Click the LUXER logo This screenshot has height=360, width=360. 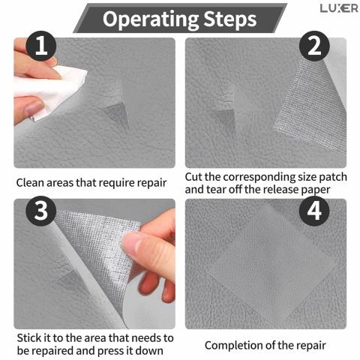[339, 8]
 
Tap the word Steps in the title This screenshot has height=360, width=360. [230, 19]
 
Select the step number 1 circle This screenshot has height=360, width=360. [41, 46]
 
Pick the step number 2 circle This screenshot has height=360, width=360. [314, 46]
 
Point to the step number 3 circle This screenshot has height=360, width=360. [41, 211]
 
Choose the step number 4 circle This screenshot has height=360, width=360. [314, 211]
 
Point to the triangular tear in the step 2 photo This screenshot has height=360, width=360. [223, 118]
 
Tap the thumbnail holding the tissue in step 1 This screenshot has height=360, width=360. [35, 108]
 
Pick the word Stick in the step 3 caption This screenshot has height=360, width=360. [29, 338]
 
